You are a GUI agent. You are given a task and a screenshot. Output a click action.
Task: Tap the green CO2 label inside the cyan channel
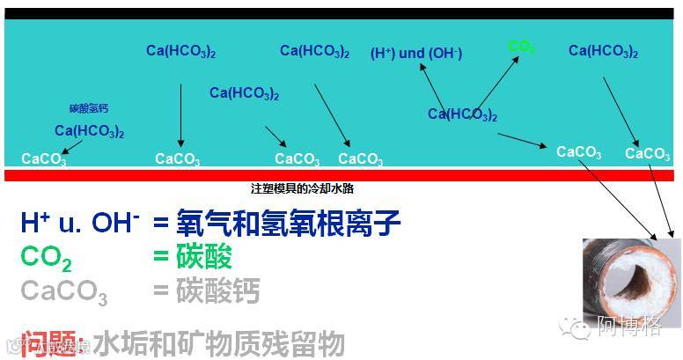point(521,47)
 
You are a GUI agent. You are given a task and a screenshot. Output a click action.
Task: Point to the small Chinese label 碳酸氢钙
point(89,108)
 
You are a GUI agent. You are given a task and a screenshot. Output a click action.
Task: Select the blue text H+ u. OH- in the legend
point(79,223)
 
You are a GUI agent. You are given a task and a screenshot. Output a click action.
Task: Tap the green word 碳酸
point(204,257)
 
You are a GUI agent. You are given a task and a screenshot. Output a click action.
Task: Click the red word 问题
point(54,342)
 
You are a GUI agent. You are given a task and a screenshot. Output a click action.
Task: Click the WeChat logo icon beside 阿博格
point(580,328)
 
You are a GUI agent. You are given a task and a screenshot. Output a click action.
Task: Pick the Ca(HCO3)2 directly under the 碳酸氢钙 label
point(89,131)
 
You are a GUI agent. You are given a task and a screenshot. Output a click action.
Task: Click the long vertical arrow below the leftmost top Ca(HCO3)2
point(180,114)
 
